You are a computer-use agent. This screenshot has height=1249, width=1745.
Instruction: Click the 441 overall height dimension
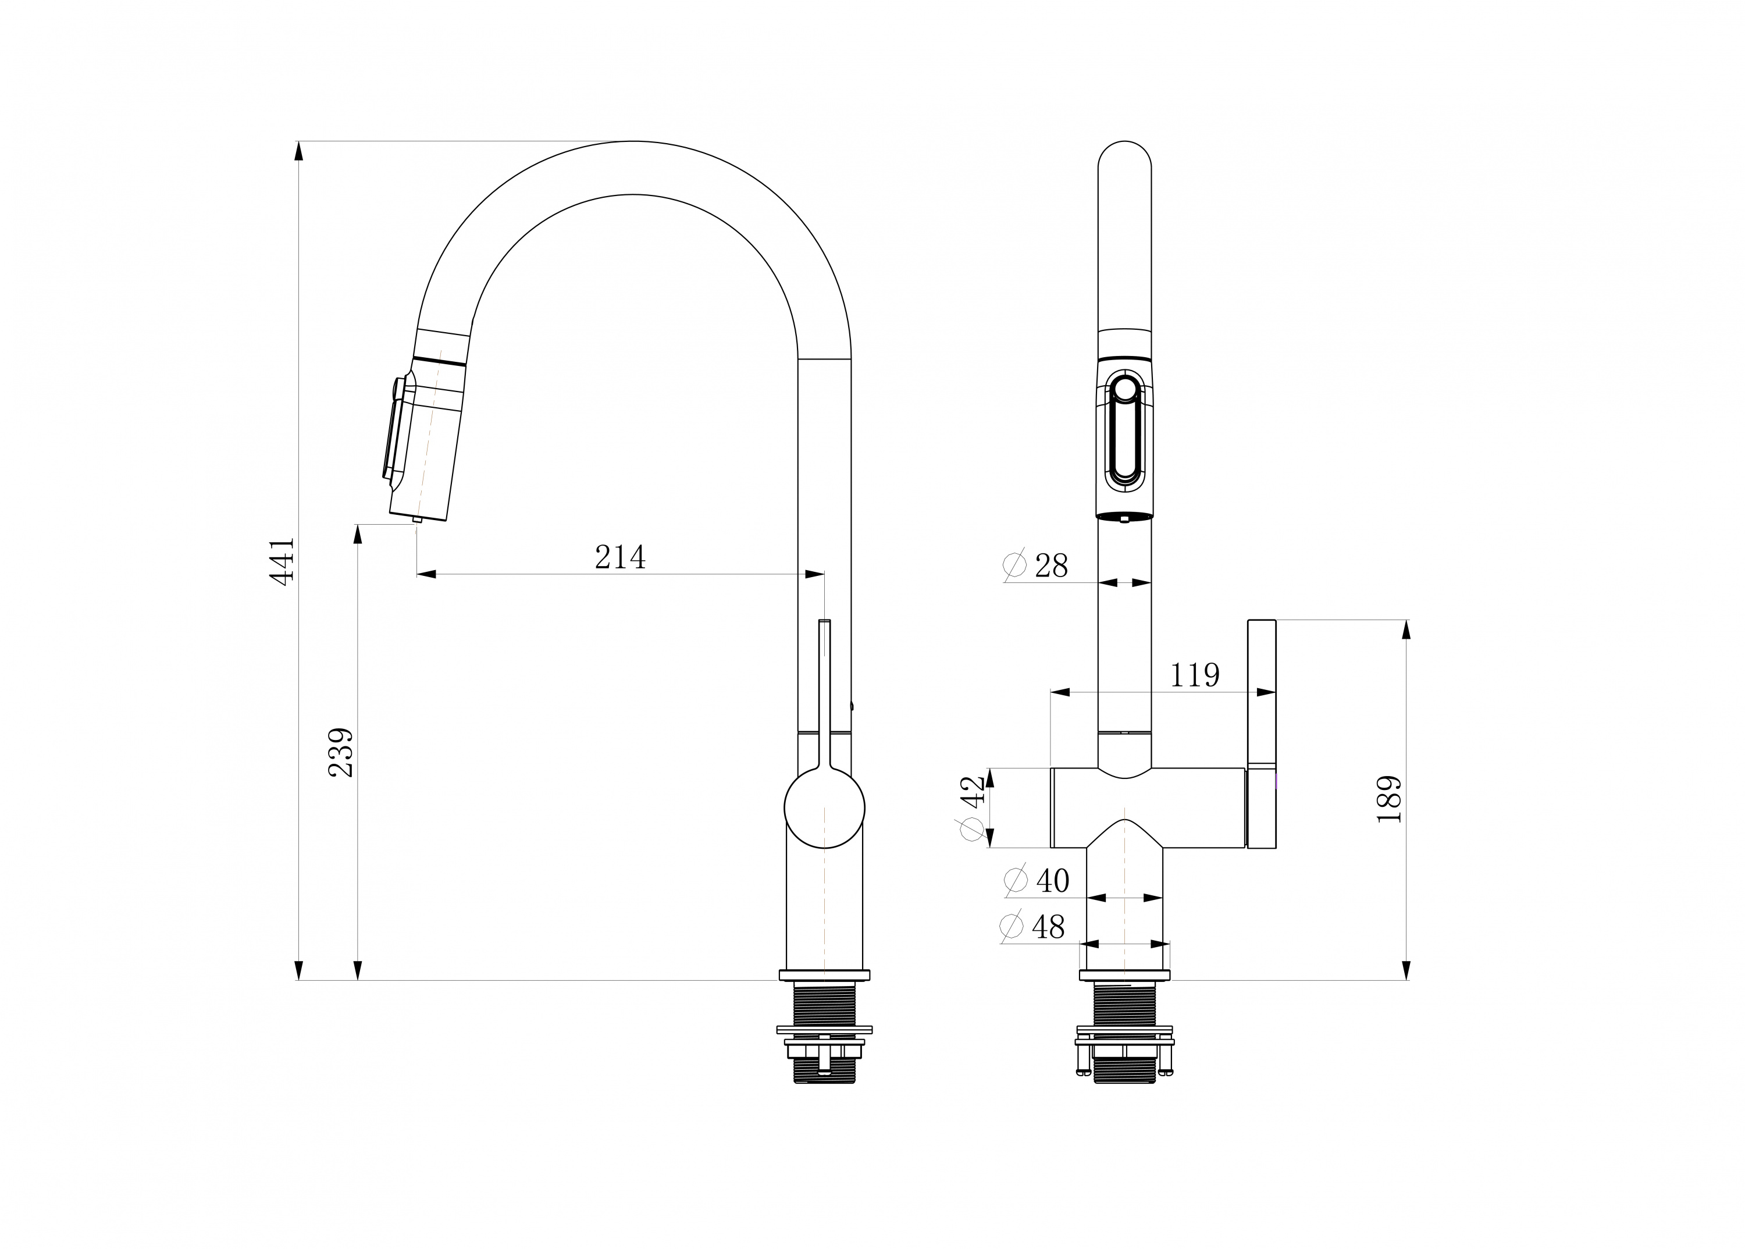click(283, 562)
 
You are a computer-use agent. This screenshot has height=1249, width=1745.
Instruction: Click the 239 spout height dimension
click(341, 752)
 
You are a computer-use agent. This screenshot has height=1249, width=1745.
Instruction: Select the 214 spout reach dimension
click(620, 557)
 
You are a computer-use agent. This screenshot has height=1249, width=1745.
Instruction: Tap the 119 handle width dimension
click(1194, 675)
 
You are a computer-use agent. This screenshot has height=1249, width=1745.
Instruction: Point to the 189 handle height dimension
click(1389, 800)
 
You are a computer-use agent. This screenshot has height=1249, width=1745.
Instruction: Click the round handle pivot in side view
click(824, 808)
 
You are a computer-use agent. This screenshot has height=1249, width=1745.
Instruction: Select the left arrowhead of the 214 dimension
click(427, 574)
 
